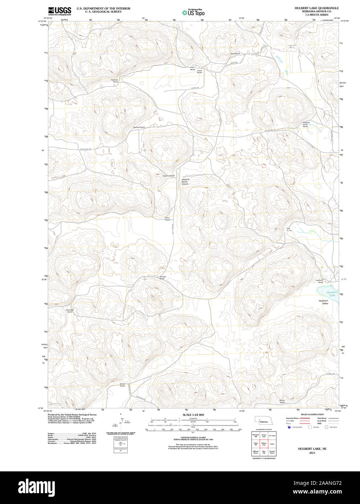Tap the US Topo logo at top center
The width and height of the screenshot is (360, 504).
(x=193, y=13)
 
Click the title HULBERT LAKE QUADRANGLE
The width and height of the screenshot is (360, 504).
(x=316, y=8)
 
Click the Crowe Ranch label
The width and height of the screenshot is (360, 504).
(x=199, y=72)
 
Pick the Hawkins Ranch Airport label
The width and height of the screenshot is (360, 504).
(x=185, y=182)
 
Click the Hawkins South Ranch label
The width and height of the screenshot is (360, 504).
(x=306, y=124)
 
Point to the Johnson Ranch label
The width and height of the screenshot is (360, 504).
(x=163, y=278)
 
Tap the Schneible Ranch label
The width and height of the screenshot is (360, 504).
(x=70, y=311)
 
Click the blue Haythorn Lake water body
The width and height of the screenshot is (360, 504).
(x=328, y=292)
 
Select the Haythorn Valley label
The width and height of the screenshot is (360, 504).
(x=323, y=302)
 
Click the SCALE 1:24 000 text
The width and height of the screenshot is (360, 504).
(x=193, y=415)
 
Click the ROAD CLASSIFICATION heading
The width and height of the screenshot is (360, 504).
(x=312, y=414)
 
